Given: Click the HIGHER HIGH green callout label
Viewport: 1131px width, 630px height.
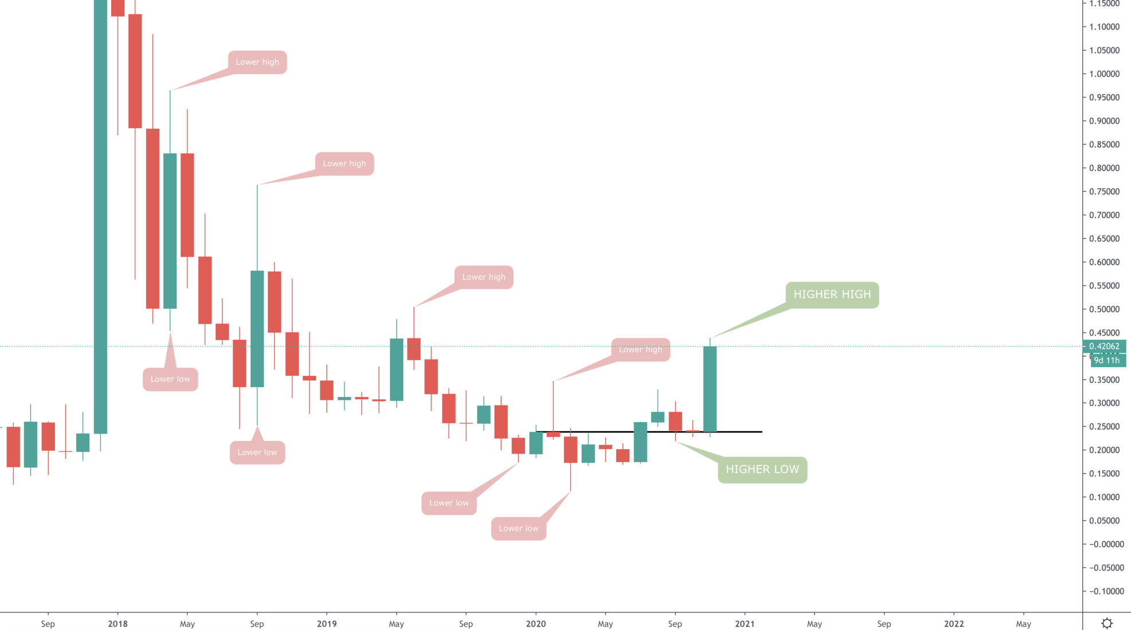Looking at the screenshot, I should (832, 295).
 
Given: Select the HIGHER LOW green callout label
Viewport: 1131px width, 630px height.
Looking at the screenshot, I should (762, 470).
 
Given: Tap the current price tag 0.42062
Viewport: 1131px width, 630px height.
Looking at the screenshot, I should (1104, 346).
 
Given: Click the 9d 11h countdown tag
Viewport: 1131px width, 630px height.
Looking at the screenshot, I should (1106, 360).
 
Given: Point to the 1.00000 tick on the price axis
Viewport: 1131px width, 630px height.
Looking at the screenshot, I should (1104, 74).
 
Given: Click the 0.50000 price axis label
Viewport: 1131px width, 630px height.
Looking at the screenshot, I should (1104, 309).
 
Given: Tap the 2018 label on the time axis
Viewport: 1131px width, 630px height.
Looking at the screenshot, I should (118, 624).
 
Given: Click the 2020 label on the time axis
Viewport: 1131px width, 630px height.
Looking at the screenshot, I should (535, 624).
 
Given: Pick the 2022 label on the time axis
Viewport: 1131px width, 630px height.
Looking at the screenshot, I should (953, 624).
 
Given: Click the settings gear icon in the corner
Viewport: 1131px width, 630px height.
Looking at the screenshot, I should (1107, 623).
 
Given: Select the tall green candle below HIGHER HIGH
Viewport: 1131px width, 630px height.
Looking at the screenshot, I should (710, 389).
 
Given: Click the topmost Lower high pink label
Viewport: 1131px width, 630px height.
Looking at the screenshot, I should (257, 62).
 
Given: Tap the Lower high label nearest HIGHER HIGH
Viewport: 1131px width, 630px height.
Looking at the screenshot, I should (640, 350).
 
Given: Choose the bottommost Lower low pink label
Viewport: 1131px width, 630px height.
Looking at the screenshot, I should (518, 528).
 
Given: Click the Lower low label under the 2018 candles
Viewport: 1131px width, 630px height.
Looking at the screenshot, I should (170, 379).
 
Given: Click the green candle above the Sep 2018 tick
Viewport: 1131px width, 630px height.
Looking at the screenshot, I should (257, 329).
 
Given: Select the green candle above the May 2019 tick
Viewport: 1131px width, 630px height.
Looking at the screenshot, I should (396, 369).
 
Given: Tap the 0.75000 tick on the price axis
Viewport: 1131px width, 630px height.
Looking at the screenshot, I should (1104, 192).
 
